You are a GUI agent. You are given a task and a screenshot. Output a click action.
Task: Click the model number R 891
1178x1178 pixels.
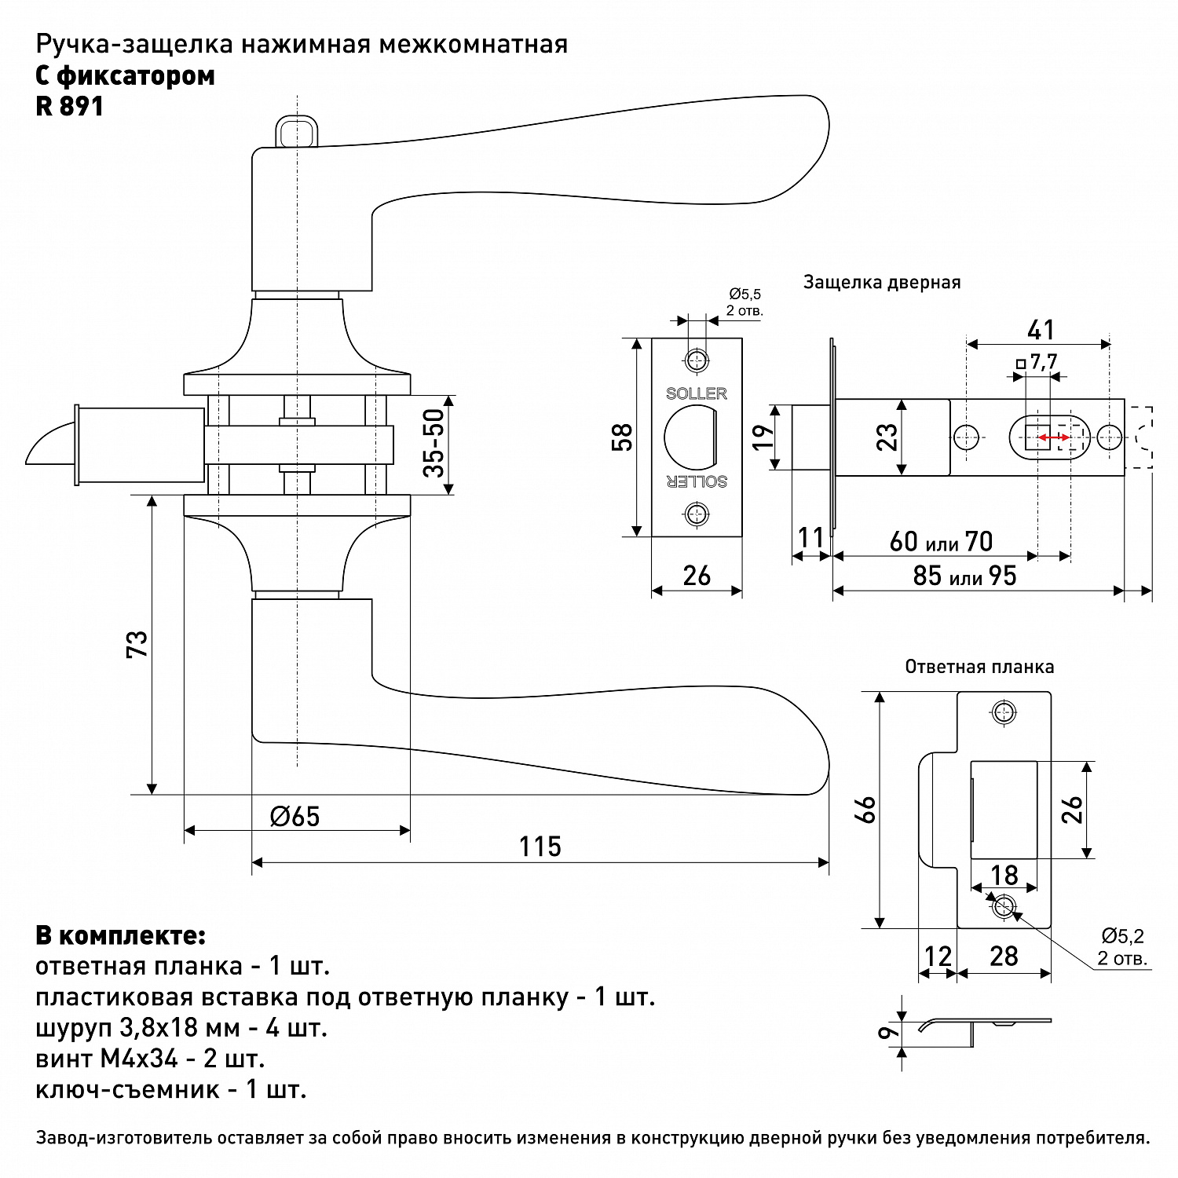[70, 106]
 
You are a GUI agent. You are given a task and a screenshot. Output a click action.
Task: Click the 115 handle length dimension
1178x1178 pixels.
[540, 846]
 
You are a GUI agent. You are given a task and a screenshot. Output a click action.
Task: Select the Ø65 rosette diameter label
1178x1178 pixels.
[294, 816]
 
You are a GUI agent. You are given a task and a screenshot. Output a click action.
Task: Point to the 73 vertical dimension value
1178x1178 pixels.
[137, 645]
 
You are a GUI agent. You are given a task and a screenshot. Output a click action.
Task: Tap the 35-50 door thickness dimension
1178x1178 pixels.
[434, 444]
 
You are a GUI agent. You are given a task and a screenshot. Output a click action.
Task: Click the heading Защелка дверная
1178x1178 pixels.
[882, 283]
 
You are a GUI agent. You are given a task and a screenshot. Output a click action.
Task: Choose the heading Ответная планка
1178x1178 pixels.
[979, 668]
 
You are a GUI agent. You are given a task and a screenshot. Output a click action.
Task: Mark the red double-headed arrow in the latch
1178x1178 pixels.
[1054, 437]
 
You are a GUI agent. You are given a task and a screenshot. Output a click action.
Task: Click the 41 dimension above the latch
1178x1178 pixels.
[1041, 330]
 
